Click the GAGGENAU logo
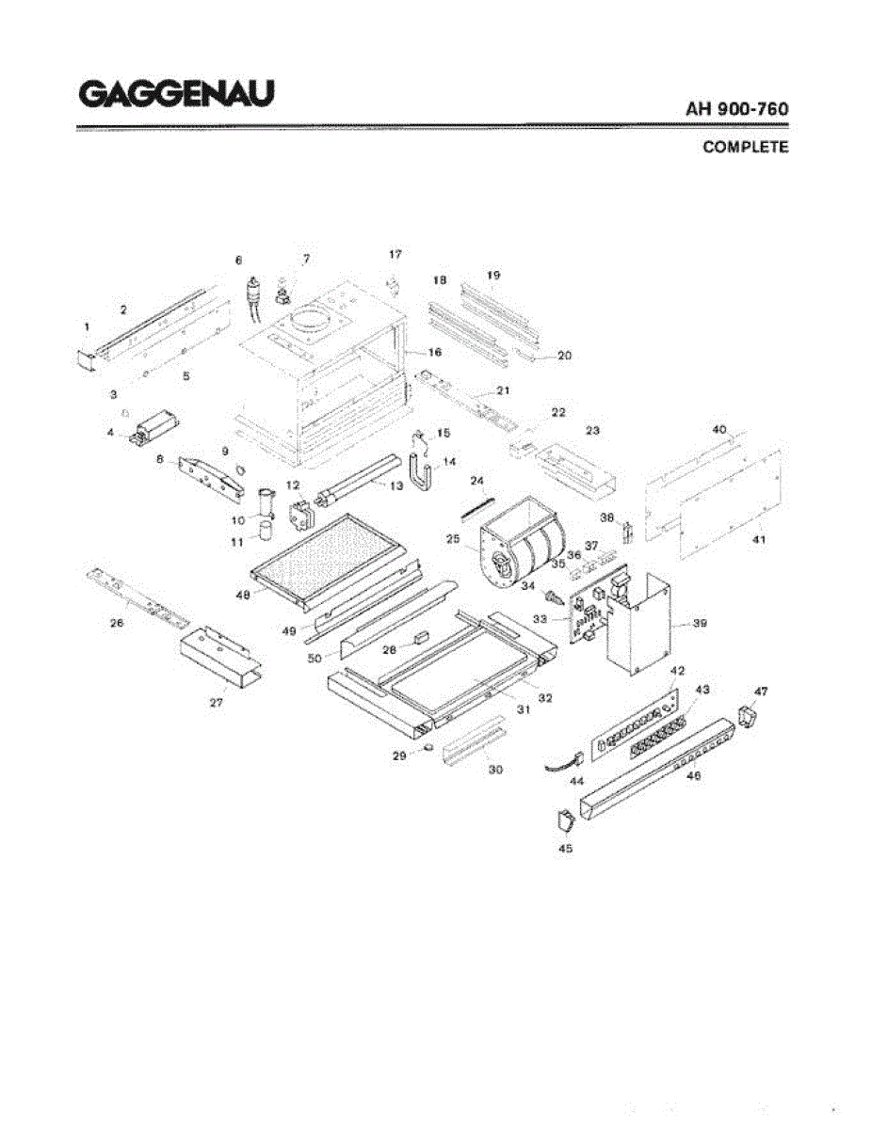click(177, 94)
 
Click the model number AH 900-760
click(737, 109)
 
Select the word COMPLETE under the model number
click(746, 148)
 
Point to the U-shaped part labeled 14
click(421, 471)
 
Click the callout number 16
click(435, 352)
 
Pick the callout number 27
click(217, 704)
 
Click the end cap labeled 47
click(746, 719)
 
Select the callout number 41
click(760, 540)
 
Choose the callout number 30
click(495, 769)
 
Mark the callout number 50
click(315, 659)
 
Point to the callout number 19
click(493, 275)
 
